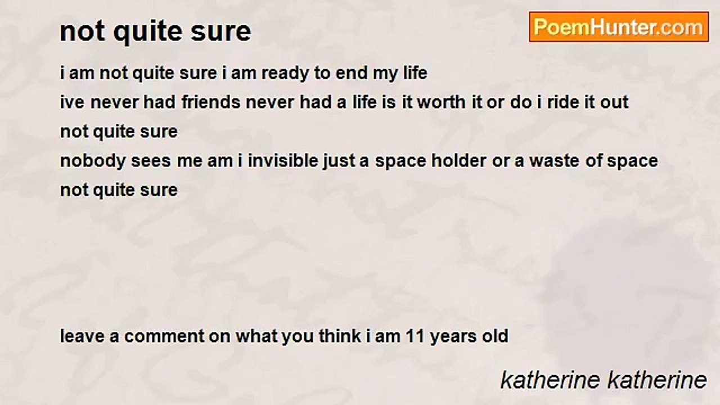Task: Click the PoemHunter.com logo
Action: [x=619, y=27]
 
